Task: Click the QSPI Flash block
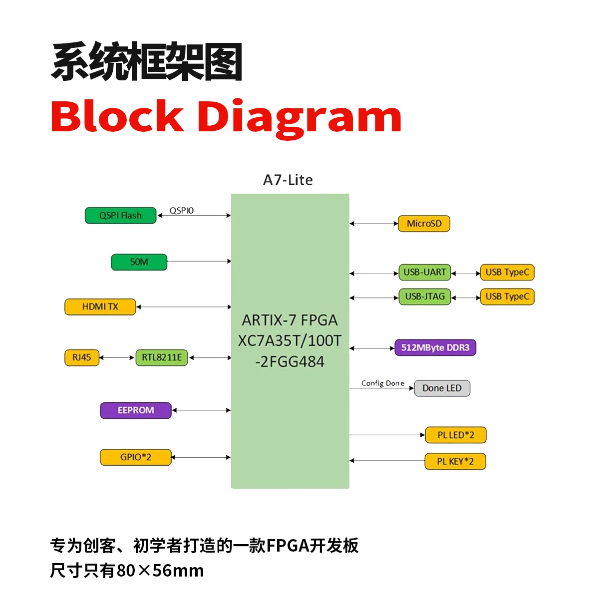120,216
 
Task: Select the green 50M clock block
139,262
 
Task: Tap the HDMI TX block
100,306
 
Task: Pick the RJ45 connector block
82,357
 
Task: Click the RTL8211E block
161,357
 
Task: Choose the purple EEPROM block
135,410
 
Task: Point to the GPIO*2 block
135,457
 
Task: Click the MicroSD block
424,224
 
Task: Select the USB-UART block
424,273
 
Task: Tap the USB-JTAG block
424,297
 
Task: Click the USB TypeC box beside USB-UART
507,273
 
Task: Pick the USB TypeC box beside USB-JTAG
507,297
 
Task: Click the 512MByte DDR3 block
435,347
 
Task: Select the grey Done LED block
442,388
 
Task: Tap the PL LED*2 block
455,435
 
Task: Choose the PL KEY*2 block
455,461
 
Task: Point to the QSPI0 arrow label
181,211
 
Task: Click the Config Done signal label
382,383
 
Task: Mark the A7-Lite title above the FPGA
288,180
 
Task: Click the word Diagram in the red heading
299,117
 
